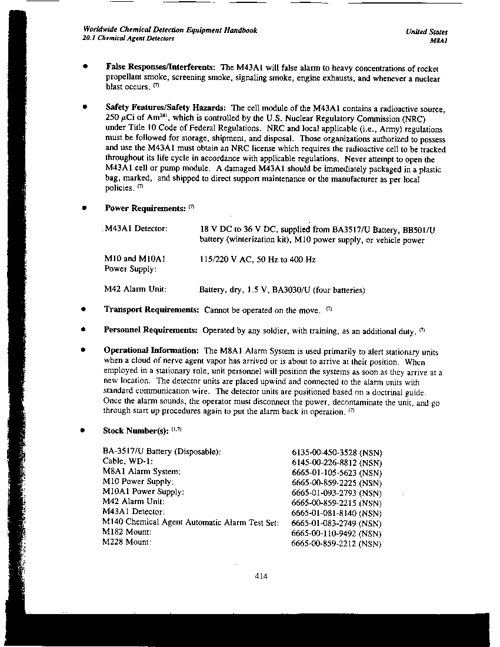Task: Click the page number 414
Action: (262, 576)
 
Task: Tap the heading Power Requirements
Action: (145, 208)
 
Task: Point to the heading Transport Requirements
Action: (151, 309)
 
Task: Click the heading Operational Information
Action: (151, 351)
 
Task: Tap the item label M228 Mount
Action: (126, 542)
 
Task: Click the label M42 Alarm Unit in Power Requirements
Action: (135, 289)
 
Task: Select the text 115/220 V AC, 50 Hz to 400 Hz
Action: (258, 259)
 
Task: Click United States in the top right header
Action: (426, 32)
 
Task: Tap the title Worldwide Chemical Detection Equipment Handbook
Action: (170, 30)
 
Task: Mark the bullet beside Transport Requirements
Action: (85, 309)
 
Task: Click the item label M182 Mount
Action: (126, 532)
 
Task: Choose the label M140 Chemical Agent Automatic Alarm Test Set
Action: (191, 522)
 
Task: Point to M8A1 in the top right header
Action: (440, 41)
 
